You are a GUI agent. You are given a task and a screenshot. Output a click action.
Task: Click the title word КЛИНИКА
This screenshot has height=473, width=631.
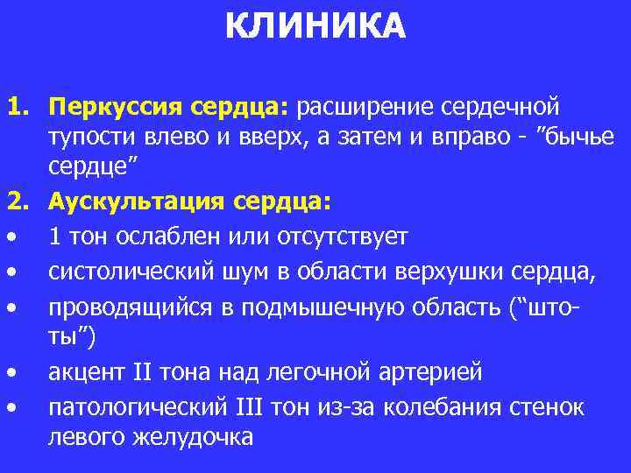(315, 26)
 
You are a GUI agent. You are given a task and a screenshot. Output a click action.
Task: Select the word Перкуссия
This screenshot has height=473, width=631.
(113, 108)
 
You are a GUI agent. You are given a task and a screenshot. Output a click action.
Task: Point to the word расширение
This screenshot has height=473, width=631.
(364, 108)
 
